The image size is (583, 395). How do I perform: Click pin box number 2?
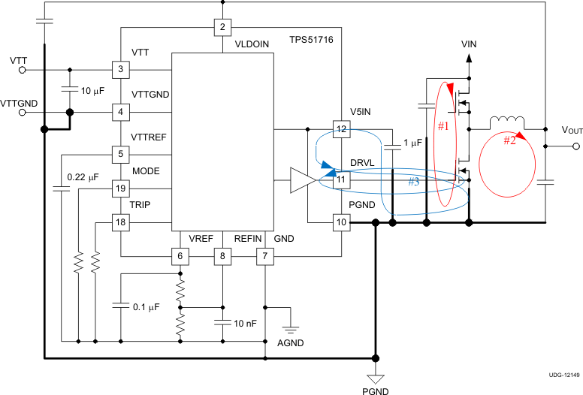pyautogui.click(x=222, y=28)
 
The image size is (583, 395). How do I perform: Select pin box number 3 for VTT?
pyautogui.click(x=120, y=70)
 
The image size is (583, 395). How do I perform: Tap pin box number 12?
pyautogui.click(x=342, y=129)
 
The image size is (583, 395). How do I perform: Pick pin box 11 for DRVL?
pyautogui.click(x=342, y=179)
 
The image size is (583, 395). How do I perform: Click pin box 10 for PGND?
pyautogui.click(x=342, y=222)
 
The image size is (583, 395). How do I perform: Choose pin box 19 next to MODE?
pyautogui.click(x=120, y=188)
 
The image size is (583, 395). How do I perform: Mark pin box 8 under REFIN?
pyautogui.click(x=222, y=257)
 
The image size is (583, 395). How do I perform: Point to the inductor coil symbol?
pyautogui.click(x=509, y=122)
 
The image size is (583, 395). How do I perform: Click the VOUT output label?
pyautogui.click(x=572, y=130)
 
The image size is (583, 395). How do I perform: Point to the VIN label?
pyautogui.click(x=469, y=45)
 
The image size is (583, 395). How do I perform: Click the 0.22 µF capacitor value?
pyautogui.click(x=83, y=177)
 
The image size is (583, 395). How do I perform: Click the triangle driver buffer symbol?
pyautogui.click(x=302, y=180)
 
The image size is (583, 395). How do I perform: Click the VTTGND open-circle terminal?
pyautogui.click(x=23, y=113)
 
